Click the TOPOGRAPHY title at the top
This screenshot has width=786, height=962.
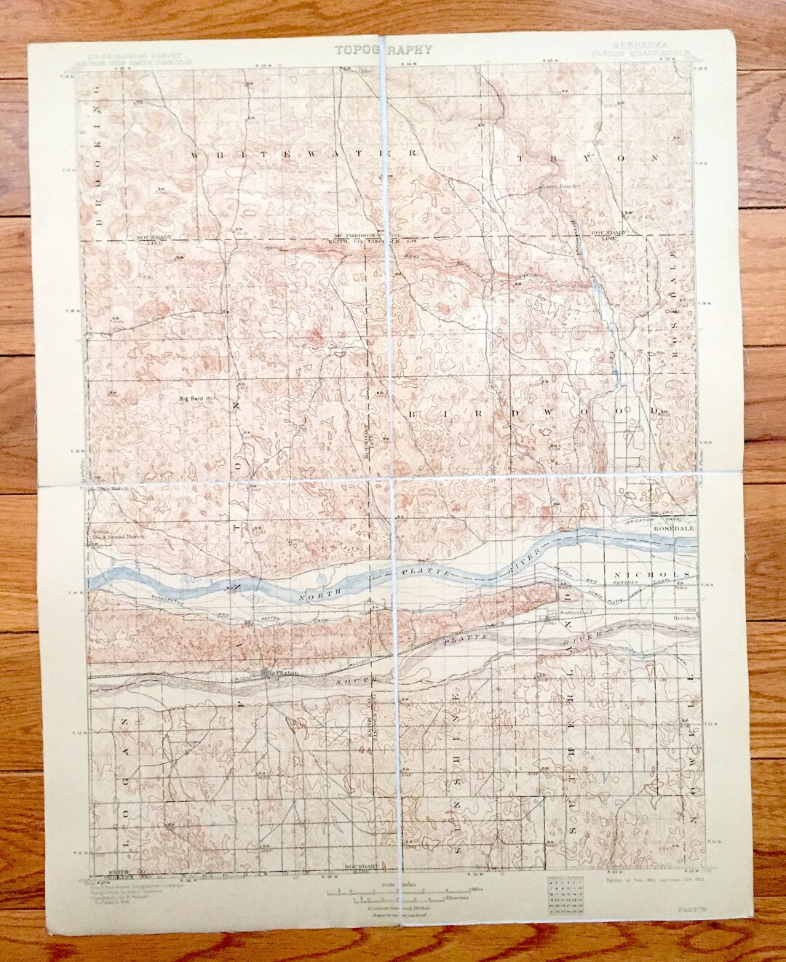point(384,50)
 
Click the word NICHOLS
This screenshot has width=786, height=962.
point(658,574)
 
